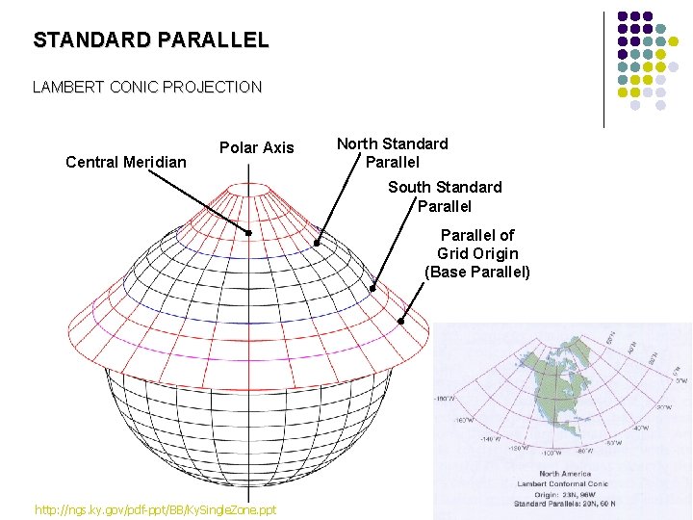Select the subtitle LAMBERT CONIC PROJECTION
click(x=147, y=88)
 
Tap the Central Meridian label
click(x=126, y=162)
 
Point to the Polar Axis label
click(x=257, y=147)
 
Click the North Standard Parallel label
click(x=392, y=152)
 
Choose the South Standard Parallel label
click(x=445, y=195)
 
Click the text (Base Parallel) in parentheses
click(x=477, y=272)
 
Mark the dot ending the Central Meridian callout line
click(x=248, y=233)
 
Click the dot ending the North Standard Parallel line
click(x=318, y=244)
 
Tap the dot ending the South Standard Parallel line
click(x=372, y=287)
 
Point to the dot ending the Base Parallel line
click(x=401, y=322)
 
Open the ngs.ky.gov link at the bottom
click(x=155, y=508)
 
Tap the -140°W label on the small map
click(x=491, y=438)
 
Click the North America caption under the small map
click(x=564, y=474)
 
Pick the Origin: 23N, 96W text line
click(x=564, y=494)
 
